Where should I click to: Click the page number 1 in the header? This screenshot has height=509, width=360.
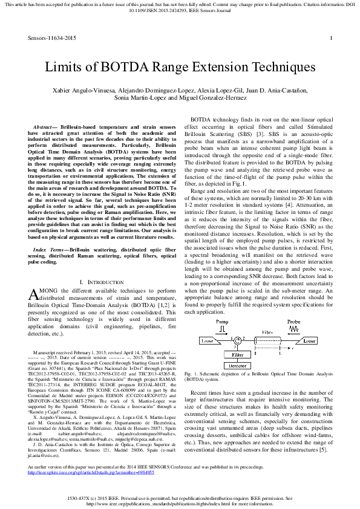(x=331, y=38)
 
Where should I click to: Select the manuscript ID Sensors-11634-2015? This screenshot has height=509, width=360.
(x=52, y=38)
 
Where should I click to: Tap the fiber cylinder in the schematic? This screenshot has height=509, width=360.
(x=267, y=342)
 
